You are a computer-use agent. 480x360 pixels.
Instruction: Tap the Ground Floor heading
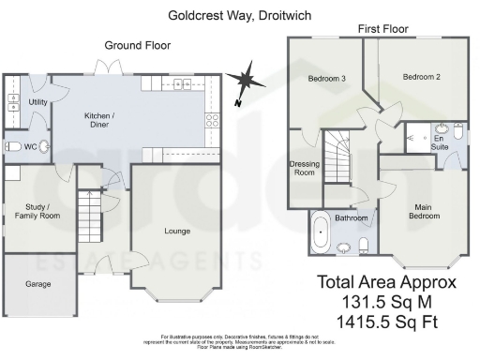pos(136,44)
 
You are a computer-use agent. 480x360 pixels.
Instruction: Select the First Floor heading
pos(382,30)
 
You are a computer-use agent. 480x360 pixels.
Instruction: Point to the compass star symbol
pos(246,77)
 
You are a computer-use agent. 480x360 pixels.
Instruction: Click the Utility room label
pos(38,101)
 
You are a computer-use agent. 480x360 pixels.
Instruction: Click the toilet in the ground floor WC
pos(14,146)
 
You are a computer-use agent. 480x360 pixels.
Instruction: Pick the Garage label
pos(37,283)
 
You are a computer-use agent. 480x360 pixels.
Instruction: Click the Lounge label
pos(176,231)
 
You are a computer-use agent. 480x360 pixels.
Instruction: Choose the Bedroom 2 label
pos(421,77)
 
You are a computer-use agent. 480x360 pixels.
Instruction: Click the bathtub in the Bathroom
pos(321,232)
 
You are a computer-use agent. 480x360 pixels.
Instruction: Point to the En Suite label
pos(439,142)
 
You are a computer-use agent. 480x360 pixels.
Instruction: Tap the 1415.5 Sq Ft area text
pos(386,321)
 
